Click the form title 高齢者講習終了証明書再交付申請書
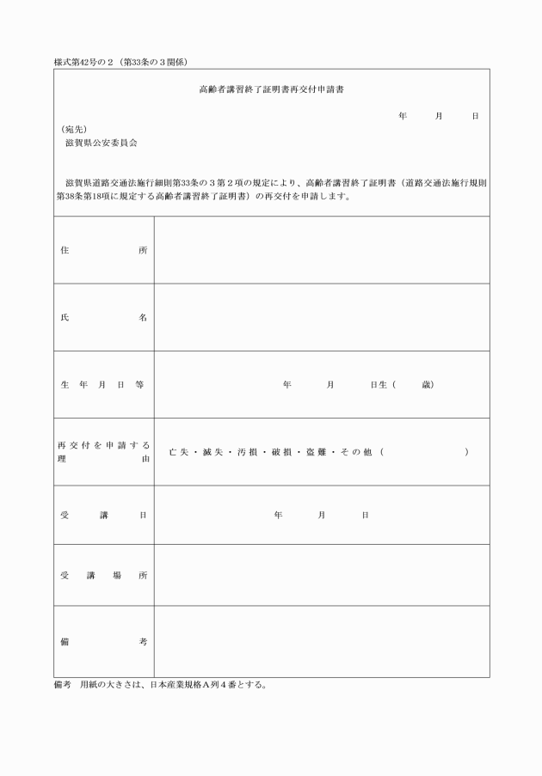pos(272,89)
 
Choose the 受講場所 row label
pos(103,575)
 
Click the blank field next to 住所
pos(322,250)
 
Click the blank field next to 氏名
pos(322,317)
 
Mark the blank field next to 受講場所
pos(322,575)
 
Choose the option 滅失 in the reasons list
pos(215,451)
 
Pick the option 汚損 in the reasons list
pos(249,451)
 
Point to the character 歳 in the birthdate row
pos(428,384)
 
